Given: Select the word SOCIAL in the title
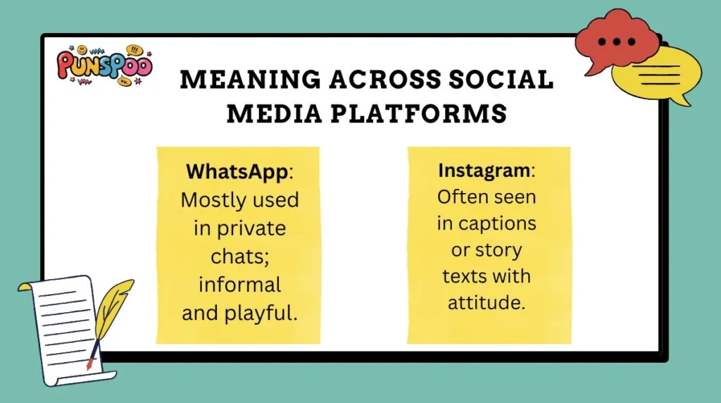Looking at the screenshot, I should (506, 80).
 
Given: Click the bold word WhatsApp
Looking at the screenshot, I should (226, 171).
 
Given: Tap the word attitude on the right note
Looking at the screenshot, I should (487, 302).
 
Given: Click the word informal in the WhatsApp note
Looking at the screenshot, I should (239, 285).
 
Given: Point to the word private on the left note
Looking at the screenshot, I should (251, 228).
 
